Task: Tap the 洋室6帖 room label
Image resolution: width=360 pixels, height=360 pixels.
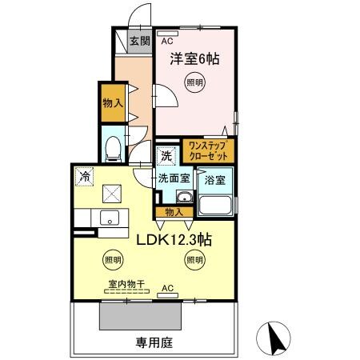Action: (194, 58)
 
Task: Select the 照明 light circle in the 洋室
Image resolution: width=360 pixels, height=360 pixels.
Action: (194, 82)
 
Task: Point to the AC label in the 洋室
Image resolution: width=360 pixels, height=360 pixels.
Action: (167, 41)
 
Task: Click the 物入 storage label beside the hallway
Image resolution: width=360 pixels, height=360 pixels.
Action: (113, 103)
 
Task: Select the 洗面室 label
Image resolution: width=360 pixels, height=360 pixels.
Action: (173, 178)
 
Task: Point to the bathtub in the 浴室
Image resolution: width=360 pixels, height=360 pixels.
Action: (214, 205)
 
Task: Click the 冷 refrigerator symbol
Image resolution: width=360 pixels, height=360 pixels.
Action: (84, 174)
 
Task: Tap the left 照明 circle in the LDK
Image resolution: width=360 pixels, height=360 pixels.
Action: (113, 259)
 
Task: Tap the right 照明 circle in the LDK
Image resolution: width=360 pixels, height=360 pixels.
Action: (194, 259)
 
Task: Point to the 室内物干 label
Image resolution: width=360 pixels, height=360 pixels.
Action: (122, 282)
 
